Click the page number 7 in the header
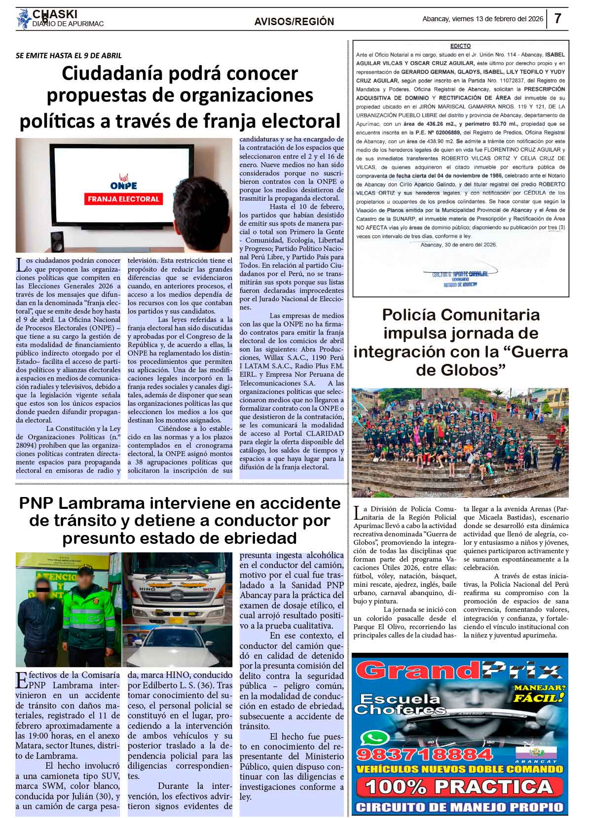click(558, 19)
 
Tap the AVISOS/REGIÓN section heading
click(294, 22)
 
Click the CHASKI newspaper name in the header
click(55, 14)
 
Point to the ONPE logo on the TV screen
click(123, 182)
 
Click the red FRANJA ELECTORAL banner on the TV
click(123, 199)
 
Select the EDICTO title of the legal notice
click(460, 46)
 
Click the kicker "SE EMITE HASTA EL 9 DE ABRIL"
click(69, 56)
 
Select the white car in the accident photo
click(179, 646)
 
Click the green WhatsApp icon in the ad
click(371, 738)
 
